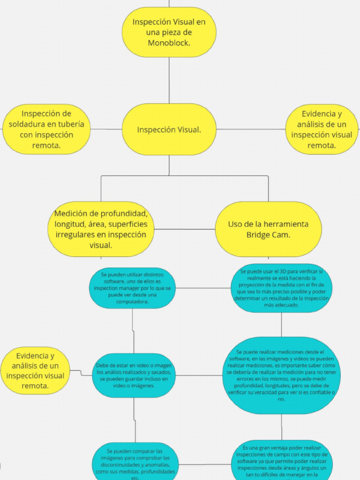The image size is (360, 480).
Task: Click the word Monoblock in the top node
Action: pos(169,43)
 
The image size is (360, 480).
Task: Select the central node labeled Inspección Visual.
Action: pos(169,129)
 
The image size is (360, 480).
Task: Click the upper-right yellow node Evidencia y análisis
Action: pos(322,129)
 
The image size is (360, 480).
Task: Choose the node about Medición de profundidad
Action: pos(101,229)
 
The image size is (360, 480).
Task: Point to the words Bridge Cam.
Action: pos(268,235)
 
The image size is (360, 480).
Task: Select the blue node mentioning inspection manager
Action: pos(132,288)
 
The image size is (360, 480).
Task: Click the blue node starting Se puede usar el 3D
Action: pos(281,288)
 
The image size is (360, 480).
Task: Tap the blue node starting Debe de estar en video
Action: pos(134,375)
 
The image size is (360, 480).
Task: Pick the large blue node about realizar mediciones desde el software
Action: pos(281,375)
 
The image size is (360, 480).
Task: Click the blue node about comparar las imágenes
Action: pos(135,462)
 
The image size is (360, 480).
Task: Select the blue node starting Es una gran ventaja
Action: pos(281,461)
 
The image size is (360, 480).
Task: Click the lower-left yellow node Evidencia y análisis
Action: pos(35,370)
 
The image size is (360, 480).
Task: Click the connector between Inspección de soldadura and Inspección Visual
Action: pos(106,129)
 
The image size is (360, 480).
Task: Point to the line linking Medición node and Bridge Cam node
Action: pos(185,229)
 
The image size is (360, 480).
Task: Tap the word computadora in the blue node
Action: pos(133,302)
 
